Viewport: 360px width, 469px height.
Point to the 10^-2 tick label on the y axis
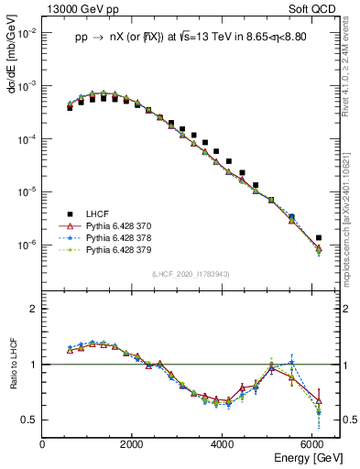[27, 32]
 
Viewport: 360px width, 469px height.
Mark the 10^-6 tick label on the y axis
[27, 245]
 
